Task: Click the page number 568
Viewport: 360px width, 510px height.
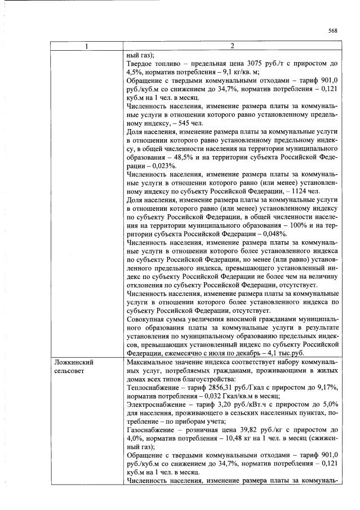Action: point(332,31)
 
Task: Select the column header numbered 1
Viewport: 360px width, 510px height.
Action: point(86,46)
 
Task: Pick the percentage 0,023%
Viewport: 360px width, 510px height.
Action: point(163,167)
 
